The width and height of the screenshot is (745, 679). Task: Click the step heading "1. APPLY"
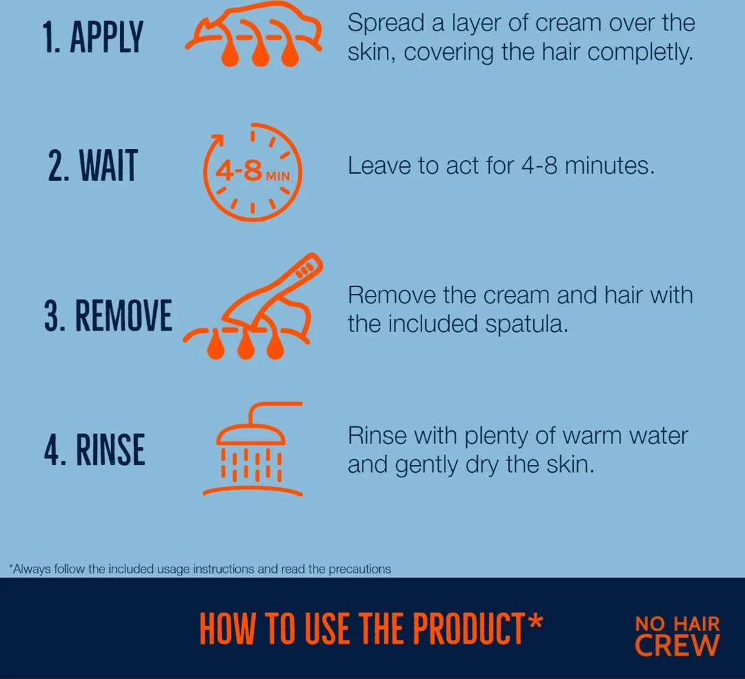[93, 37]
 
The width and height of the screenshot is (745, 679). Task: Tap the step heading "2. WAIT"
[93, 165]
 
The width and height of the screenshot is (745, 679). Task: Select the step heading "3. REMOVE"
[108, 315]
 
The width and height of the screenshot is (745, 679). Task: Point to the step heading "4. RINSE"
[94, 449]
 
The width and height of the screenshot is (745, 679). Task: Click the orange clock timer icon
[253, 173]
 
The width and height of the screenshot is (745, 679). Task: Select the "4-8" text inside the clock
[239, 171]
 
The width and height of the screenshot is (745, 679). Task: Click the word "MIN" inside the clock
[278, 176]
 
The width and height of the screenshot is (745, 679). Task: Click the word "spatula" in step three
[526, 324]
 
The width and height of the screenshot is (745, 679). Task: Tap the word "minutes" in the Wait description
[610, 165]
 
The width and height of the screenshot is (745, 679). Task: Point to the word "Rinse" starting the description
[377, 435]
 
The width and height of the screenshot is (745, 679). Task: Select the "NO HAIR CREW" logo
[677, 636]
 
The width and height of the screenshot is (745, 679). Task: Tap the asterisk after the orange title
[535, 621]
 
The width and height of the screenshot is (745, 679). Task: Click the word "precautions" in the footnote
[359, 570]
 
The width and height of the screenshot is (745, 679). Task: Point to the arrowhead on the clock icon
[217, 140]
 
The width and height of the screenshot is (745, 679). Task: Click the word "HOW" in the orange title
[227, 628]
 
